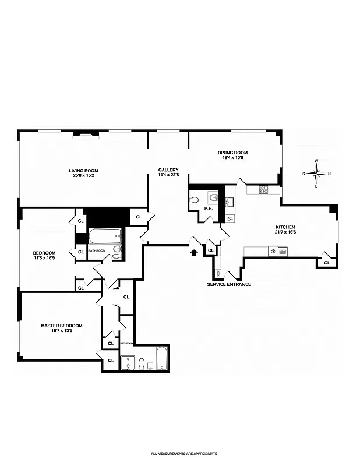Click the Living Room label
coord(84,170)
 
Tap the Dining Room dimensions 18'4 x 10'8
coord(235,157)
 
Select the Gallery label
coord(167,170)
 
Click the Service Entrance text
coord(229,284)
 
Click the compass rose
coord(316,172)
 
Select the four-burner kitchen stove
coord(263,189)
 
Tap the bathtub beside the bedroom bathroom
coord(104,236)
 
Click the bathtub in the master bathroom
coord(162,358)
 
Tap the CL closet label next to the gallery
coord(139,217)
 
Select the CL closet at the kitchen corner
coord(326,262)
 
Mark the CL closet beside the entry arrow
coord(210,250)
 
